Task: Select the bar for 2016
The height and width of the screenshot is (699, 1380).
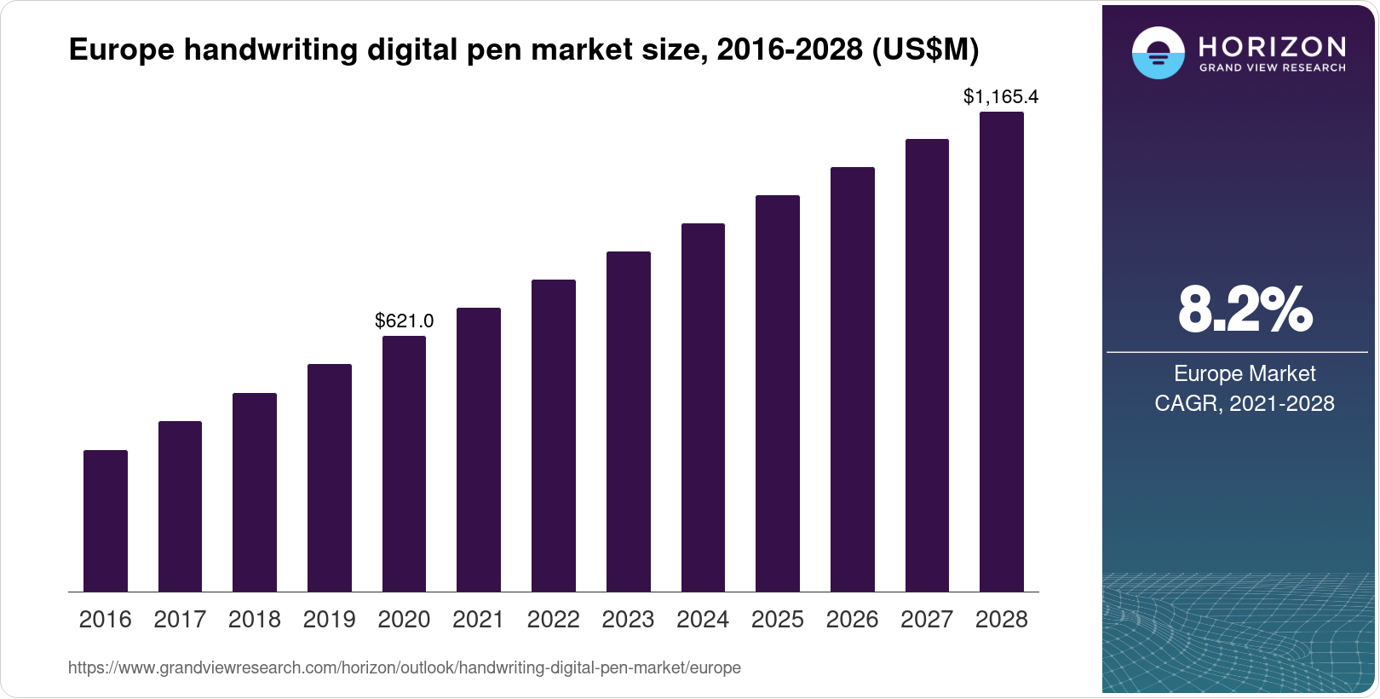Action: (x=106, y=521)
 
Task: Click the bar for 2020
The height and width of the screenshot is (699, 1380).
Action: (x=404, y=464)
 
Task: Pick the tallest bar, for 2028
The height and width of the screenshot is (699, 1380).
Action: (x=1002, y=351)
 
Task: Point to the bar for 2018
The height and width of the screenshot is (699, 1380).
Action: (x=255, y=492)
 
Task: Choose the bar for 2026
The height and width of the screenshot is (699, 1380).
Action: (x=853, y=379)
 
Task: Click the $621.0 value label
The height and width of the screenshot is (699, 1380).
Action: (x=404, y=321)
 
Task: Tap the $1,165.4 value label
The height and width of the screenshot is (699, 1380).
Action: (x=1001, y=97)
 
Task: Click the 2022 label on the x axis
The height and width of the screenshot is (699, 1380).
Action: (x=553, y=620)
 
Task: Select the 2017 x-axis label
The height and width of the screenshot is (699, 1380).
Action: (x=180, y=620)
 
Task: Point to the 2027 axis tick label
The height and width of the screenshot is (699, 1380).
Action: (x=927, y=620)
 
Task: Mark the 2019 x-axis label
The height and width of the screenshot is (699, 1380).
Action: (x=329, y=620)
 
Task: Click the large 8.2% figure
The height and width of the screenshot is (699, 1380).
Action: (x=1245, y=310)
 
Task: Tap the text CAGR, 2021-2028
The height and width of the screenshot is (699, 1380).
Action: (x=1245, y=403)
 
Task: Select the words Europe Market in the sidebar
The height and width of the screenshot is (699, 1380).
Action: (x=1245, y=373)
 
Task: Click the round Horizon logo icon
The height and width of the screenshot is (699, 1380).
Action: (x=1158, y=53)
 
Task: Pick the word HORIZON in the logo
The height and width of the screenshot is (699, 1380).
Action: (x=1272, y=46)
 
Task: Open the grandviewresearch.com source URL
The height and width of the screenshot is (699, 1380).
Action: (x=404, y=667)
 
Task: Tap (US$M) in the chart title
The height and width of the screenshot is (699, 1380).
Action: (x=925, y=50)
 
